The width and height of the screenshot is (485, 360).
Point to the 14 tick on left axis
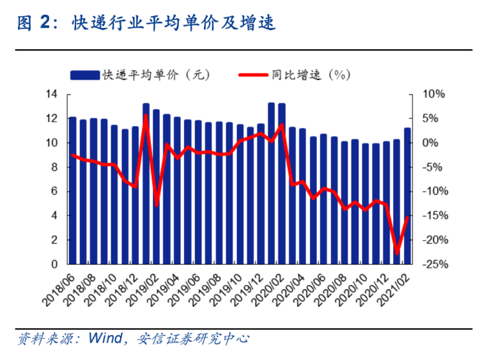52,95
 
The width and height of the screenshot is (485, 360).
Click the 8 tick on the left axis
55,168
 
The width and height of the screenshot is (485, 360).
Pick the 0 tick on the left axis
55,264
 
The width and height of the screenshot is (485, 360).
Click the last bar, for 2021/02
407,196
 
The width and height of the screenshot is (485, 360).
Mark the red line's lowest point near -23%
397,254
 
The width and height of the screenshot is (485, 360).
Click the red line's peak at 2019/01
146,115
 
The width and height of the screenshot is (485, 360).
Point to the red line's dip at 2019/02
157,205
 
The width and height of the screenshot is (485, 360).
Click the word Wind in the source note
106,338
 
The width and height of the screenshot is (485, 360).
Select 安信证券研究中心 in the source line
192,338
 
